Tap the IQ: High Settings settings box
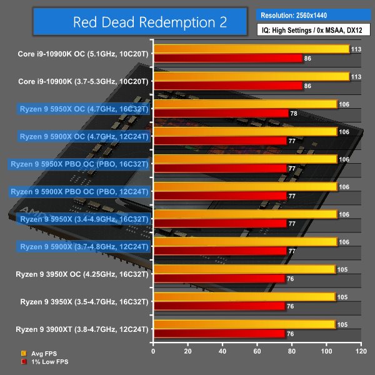point(314,29)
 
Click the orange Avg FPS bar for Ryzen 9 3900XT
point(244,324)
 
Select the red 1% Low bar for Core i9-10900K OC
point(227,58)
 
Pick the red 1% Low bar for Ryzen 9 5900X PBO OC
point(219,196)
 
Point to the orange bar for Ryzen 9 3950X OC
point(244,269)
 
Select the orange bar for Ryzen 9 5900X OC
point(244,131)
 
